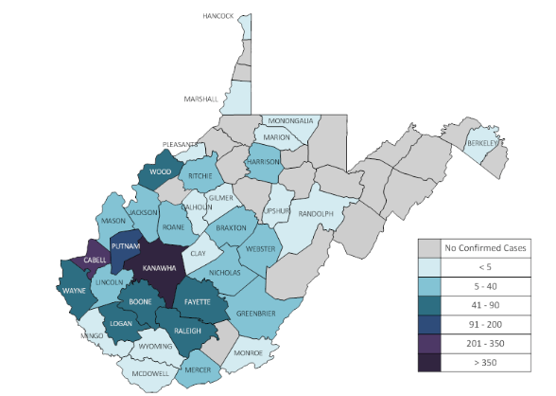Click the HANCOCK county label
pyautogui.click(x=220, y=17)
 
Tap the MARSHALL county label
pyautogui.click(x=200, y=99)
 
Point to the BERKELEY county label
pyautogui.click(x=483, y=144)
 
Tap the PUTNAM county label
pyautogui.click(x=126, y=245)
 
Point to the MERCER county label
pyautogui.click(x=198, y=369)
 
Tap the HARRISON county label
pyautogui.click(x=265, y=162)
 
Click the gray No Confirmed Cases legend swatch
pyautogui.click(x=431, y=249)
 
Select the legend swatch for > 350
pyautogui.click(x=431, y=362)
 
